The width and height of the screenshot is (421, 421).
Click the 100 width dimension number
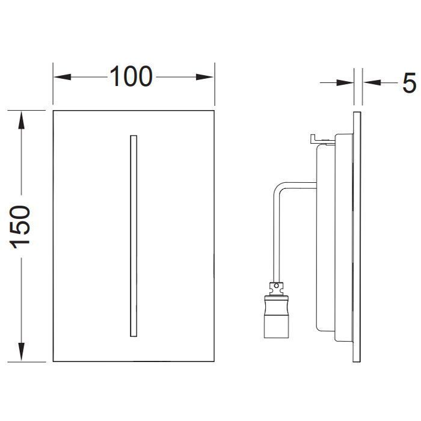pos(131,76)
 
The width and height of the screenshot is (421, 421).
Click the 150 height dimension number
pos(20,227)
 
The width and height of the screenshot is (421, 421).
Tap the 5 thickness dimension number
pos(409,83)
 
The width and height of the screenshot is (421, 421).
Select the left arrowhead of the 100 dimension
pos(63,77)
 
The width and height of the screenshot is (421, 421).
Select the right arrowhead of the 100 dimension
pos(204,77)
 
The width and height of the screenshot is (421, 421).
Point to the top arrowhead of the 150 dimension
pos(21,120)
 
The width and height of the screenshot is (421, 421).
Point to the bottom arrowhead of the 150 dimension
pos(21,352)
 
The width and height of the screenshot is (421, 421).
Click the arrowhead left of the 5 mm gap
pos(345,83)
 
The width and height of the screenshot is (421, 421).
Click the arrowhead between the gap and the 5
pos(372,83)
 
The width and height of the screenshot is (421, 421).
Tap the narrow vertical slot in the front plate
pos(134,236)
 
